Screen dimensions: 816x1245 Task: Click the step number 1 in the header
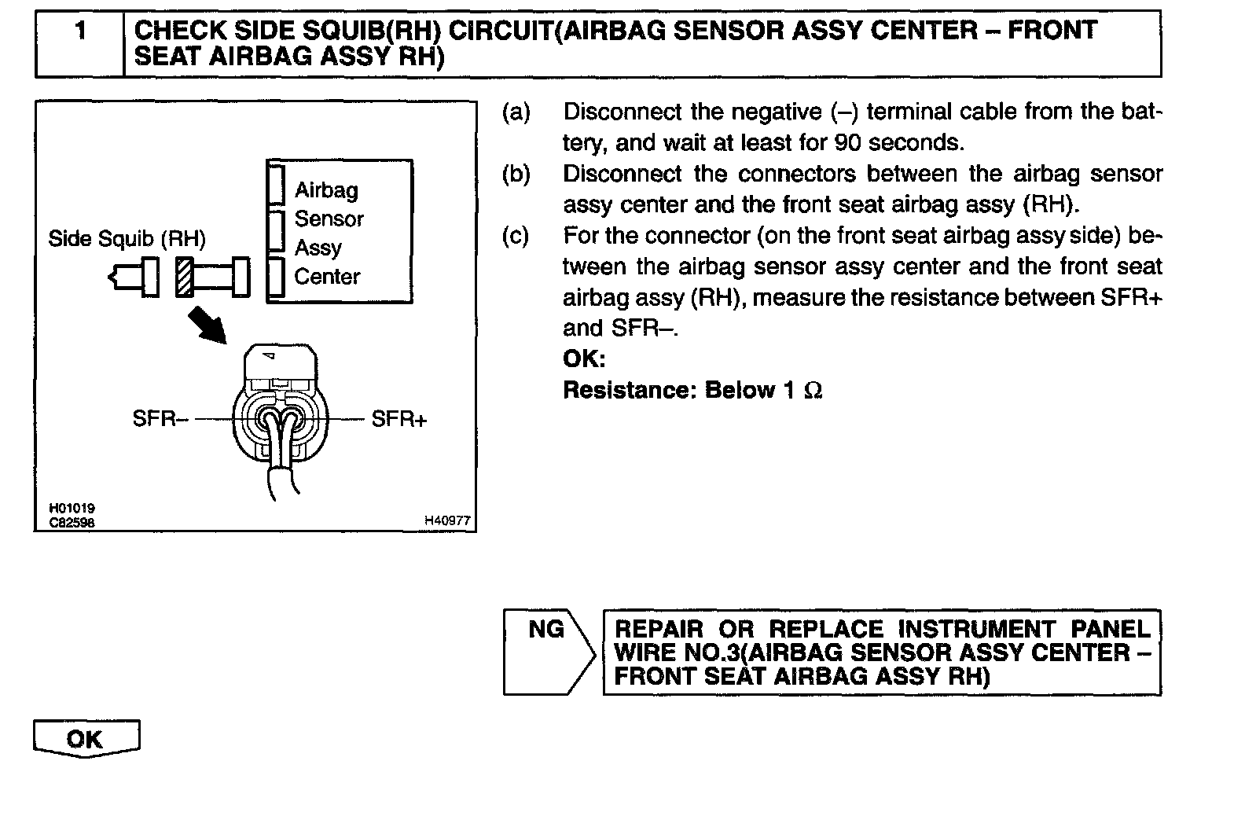[79, 31]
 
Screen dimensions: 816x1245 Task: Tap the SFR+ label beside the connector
[399, 419]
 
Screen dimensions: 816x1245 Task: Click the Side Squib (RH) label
[127, 238]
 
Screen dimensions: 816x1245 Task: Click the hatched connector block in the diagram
[185, 277]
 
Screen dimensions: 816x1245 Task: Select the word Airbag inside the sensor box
[326, 190]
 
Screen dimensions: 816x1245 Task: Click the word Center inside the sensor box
[327, 277]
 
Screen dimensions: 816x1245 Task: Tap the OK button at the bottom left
[86, 739]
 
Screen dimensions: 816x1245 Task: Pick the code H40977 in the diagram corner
[447, 520]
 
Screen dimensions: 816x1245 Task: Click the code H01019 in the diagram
[72, 509]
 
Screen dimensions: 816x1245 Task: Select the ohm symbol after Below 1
[813, 390]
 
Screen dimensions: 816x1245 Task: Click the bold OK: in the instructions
[584, 359]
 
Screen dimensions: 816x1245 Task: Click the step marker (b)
[516, 174]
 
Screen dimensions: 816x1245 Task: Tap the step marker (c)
[516, 236]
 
